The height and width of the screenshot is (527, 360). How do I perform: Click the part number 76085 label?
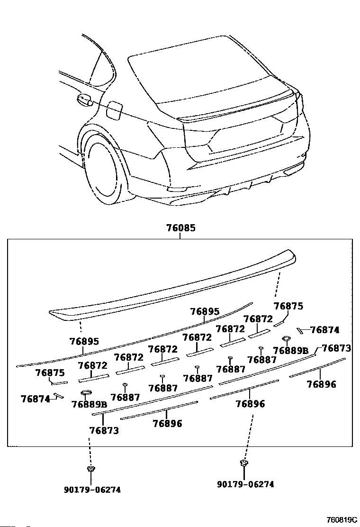tap(180, 228)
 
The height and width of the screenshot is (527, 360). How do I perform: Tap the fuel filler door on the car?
tap(114, 110)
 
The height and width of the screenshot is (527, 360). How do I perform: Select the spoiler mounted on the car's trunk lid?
tap(237, 108)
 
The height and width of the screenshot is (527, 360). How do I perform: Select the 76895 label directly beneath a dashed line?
tap(84, 341)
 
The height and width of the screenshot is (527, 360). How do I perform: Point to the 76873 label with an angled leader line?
tap(336, 348)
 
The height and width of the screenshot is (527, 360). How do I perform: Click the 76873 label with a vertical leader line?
tap(104, 431)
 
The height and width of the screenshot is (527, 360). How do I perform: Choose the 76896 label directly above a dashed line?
tap(250, 404)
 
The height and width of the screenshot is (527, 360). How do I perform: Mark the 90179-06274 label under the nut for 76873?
tap(92, 490)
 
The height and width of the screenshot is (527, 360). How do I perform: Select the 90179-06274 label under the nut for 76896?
tap(245, 484)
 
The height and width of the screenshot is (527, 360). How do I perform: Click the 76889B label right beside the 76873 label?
tap(291, 351)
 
